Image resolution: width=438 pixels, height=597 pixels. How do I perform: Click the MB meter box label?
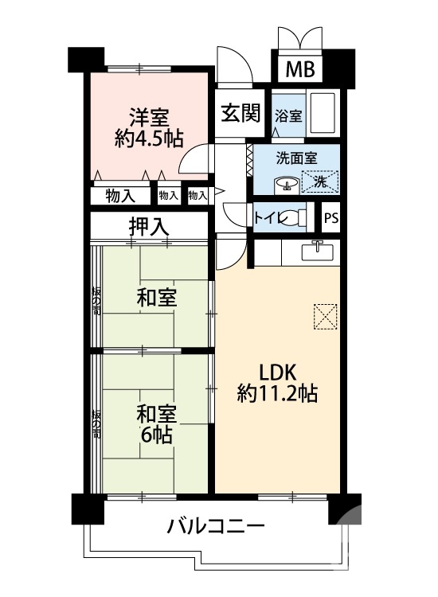pos(300,68)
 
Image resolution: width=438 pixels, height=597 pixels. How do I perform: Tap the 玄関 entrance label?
pos(241,113)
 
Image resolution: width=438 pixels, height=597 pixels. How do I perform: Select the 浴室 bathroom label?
pos(288,115)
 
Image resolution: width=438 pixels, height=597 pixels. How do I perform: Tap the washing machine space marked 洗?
pos(319,181)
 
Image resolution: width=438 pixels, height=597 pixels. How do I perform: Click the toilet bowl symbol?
pos(291,217)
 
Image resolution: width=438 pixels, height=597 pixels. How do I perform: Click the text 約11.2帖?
pos(277,392)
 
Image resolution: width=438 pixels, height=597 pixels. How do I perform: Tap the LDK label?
pos(276,371)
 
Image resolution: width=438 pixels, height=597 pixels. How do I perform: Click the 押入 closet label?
pos(149,225)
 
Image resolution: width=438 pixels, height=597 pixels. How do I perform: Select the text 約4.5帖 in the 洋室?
pos(149,138)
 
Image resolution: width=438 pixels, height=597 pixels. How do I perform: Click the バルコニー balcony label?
pos(215,527)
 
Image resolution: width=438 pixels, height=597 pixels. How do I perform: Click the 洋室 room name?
pos(149,115)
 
